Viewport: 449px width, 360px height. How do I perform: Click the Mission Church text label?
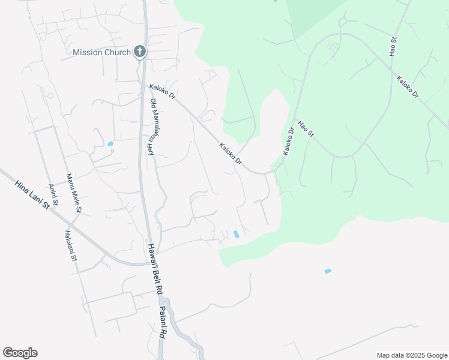tap(101, 52)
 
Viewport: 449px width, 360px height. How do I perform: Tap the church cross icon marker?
tap(140, 52)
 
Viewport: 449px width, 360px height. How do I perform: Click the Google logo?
tap(20, 353)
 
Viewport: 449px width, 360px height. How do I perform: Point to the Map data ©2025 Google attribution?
tap(412, 355)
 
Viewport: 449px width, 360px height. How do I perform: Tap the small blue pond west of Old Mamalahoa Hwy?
tap(110, 144)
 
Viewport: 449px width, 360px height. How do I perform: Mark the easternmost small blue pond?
tap(328, 271)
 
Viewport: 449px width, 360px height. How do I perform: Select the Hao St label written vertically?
tap(394, 47)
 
